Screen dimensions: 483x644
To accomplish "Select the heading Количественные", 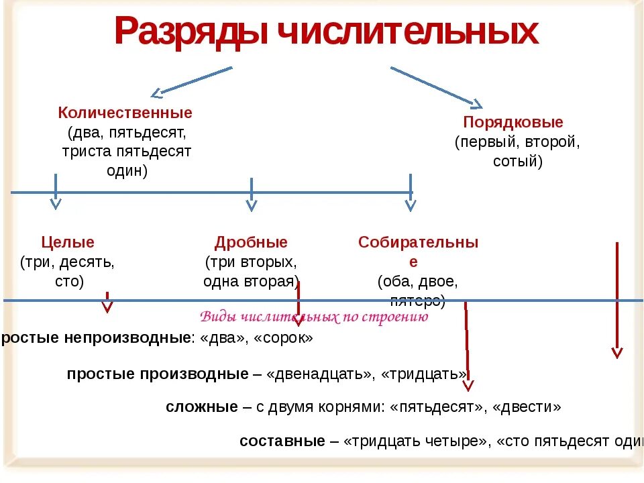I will click(125, 113).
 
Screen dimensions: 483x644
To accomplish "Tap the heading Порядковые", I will click(513, 123).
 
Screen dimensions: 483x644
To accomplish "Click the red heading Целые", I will click(68, 242).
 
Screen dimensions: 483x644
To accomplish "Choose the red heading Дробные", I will click(251, 242).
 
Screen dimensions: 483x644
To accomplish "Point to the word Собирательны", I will click(418, 242).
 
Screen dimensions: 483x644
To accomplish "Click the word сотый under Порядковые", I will click(516, 161).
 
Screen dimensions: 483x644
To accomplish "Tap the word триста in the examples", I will click(85, 151).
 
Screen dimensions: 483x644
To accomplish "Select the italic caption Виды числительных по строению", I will click(314, 317).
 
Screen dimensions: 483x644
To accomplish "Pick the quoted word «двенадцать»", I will click(319, 374).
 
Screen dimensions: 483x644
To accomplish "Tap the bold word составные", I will click(282, 441).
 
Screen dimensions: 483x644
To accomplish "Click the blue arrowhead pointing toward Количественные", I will click(156, 93).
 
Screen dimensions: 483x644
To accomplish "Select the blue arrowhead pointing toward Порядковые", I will click(476, 103).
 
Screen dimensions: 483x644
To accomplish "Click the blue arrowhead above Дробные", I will click(251, 205).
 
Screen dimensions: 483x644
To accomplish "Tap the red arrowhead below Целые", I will click(107, 307).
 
